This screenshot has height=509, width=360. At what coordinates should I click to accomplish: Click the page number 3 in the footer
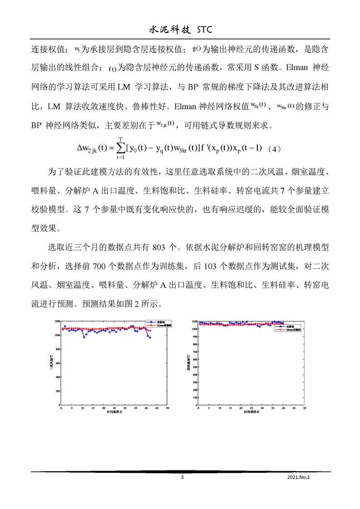[182, 477]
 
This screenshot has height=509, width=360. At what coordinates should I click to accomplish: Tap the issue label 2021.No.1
[298, 477]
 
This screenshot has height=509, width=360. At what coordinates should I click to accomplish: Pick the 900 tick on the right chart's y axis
[194, 337]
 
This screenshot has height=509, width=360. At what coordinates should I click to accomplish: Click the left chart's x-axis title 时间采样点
[114, 412]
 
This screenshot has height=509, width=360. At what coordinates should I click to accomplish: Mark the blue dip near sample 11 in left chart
[84, 337]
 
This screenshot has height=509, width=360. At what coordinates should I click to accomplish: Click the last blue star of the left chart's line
[150, 337]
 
